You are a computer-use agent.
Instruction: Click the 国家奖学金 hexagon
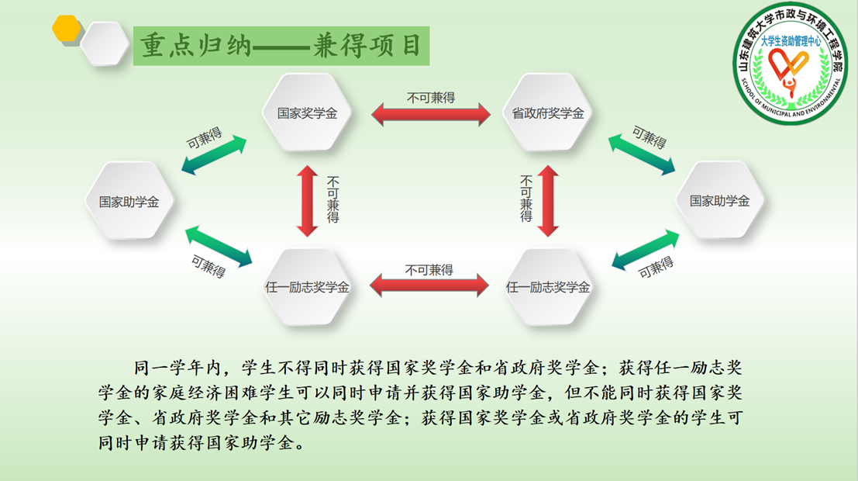(x=307, y=112)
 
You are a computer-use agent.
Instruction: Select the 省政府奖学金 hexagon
(x=547, y=112)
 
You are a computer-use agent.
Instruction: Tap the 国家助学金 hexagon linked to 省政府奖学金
(x=719, y=200)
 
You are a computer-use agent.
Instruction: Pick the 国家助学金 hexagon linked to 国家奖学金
(x=129, y=200)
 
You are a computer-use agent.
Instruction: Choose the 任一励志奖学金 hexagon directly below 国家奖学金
(x=307, y=286)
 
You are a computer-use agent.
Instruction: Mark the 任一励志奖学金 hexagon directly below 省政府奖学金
(x=547, y=286)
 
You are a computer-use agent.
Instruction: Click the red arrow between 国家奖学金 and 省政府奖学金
(x=431, y=115)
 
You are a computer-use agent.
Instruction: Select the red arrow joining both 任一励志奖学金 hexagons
(x=429, y=285)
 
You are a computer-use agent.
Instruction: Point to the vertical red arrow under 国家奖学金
(x=308, y=201)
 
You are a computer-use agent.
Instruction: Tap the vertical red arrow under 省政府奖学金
(x=548, y=201)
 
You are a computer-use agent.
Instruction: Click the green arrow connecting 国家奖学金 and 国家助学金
(x=214, y=155)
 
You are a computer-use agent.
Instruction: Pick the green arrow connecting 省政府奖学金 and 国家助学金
(x=641, y=155)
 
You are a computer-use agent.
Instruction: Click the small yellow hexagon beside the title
(x=66, y=28)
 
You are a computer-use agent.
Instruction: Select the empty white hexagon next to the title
(x=105, y=43)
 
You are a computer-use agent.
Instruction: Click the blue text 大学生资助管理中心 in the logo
(x=791, y=41)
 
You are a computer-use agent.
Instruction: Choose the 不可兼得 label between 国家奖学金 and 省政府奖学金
(x=431, y=98)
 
